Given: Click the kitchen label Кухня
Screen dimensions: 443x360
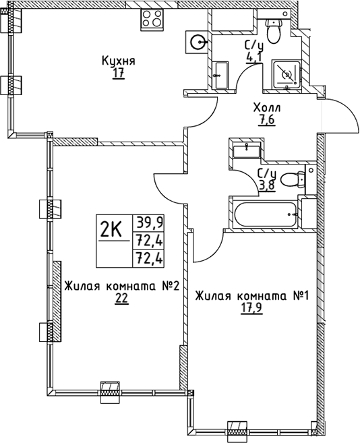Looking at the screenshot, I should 119,61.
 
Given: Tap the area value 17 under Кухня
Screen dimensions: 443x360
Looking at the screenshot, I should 119,73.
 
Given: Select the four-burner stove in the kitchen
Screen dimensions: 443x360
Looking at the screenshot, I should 154,20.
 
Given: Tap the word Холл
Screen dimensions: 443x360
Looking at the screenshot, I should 267,108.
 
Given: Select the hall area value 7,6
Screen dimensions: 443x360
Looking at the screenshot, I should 267,121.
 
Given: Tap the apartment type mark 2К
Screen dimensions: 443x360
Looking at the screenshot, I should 111,231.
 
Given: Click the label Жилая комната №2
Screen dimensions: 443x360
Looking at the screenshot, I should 121,287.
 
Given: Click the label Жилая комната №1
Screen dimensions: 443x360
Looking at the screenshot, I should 251,296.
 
